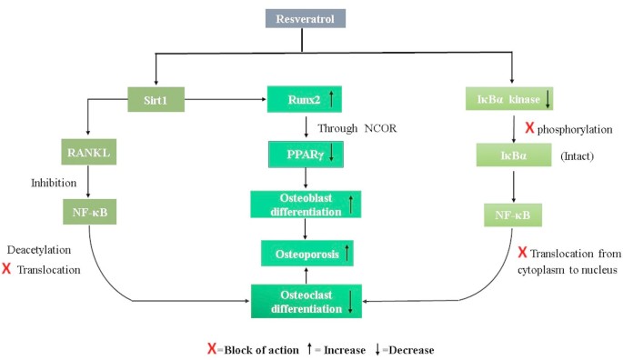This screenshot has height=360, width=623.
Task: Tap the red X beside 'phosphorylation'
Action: (x=529, y=128)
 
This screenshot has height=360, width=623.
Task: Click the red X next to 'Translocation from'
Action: (x=522, y=252)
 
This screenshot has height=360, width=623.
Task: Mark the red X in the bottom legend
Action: (x=211, y=347)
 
